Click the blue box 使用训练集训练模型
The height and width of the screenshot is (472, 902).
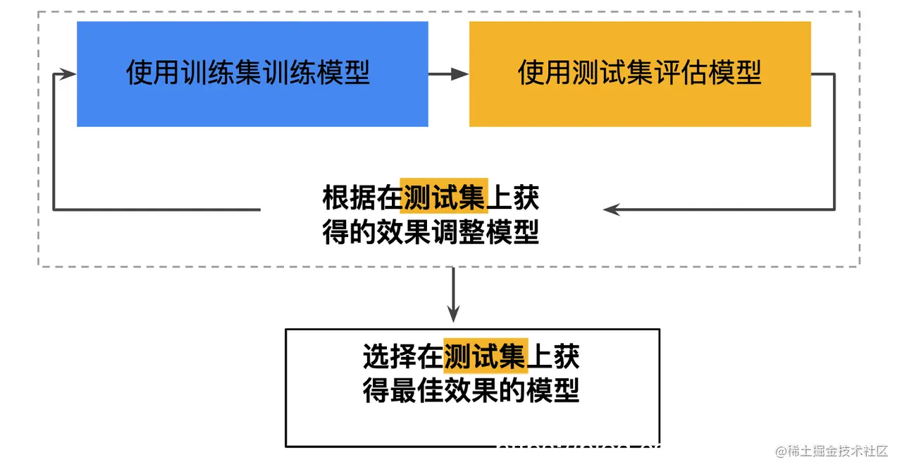[x=252, y=74]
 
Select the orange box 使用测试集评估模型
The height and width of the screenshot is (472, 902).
[x=640, y=74]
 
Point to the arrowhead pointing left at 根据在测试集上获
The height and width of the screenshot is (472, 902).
[x=611, y=210]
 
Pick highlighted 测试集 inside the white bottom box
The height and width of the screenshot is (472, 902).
[x=485, y=357]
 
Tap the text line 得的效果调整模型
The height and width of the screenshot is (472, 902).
[x=431, y=233]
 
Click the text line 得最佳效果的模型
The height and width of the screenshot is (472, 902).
[x=471, y=390]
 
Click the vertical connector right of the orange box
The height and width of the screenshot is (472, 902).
[x=834, y=141]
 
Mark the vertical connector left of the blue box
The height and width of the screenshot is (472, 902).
[x=54, y=141]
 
